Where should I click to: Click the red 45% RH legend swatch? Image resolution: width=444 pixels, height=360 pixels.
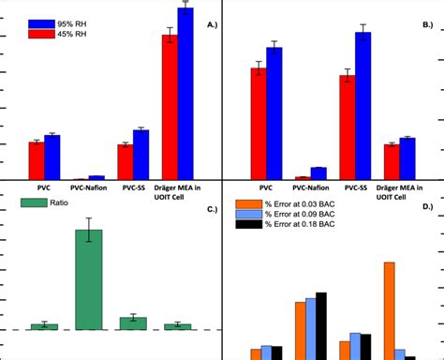pos(40,35)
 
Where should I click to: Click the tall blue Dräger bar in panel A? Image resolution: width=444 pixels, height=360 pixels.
pos(185,94)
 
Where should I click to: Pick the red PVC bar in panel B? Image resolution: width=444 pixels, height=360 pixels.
pos(258,123)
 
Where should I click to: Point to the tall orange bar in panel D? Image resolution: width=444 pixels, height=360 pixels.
pos(389,309)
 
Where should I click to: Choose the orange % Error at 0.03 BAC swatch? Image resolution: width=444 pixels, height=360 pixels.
pos(247,203)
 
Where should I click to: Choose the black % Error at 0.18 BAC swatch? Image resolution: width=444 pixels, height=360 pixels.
pos(247,224)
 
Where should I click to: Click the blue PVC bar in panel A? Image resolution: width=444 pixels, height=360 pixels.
pos(52,157)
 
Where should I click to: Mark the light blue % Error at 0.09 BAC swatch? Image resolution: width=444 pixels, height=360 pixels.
pos(247,214)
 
